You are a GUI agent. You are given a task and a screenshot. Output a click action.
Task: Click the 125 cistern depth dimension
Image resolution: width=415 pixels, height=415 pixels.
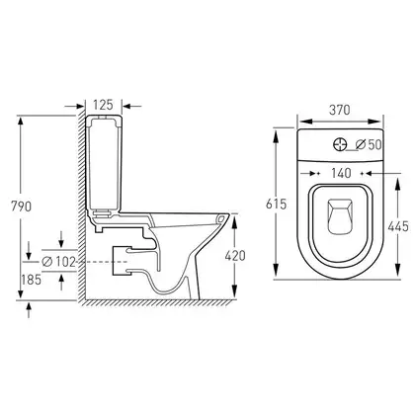click(x=103, y=105)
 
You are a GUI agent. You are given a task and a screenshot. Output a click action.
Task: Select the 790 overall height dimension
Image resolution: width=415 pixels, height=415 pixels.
click(x=22, y=207)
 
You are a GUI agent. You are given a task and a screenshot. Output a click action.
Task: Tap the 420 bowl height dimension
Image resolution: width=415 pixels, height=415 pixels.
click(x=235, y=256)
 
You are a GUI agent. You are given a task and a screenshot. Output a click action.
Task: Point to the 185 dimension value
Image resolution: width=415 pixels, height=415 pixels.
click(x=32, y=280)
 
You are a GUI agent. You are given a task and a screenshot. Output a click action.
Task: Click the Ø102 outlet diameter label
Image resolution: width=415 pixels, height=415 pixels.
click(x=59, y=262)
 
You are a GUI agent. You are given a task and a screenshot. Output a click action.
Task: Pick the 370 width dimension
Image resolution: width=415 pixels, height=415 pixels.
click(x=340, y=110)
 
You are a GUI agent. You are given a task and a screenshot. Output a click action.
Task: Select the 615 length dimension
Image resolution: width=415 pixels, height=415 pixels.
click(x=277, y=205)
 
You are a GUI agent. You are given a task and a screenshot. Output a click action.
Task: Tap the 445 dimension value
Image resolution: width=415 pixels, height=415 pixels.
click(x=398, y=226)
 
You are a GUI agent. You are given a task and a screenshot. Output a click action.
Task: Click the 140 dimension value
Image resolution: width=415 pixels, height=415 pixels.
click(x=341, y=173)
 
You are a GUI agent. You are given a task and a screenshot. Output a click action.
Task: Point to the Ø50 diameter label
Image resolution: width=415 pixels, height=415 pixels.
click(x=369, y=144)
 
